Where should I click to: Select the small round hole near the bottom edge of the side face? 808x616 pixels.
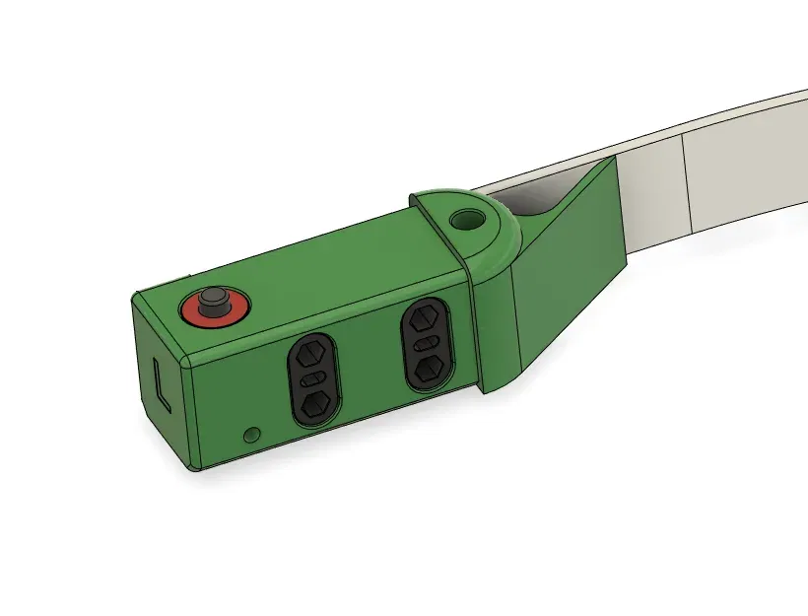[252, 434]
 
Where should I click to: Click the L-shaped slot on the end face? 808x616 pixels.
[163, 383]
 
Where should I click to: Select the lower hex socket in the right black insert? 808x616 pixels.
[429, 369]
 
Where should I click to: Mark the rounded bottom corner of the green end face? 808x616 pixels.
[189, 463]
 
